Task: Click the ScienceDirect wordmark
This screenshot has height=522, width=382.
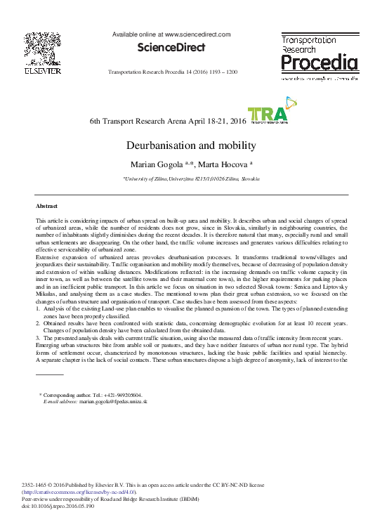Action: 171,48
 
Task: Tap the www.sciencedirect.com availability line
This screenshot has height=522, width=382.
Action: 171,34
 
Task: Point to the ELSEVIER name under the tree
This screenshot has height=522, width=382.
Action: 43,71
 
